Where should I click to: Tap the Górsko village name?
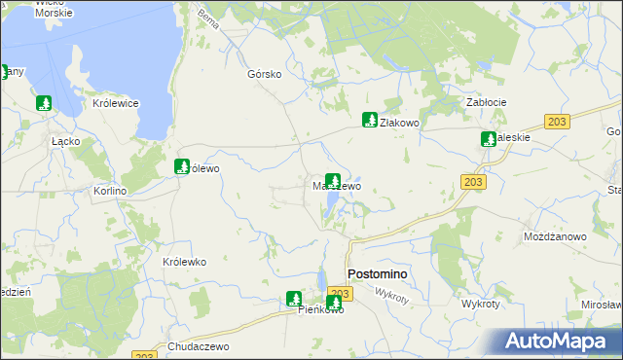coord(265,74)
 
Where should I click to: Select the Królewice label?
coord(116,103)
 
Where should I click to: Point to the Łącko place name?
coord(65,140)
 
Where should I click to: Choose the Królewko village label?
coord(184,262)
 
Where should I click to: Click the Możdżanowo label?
coord(555,236)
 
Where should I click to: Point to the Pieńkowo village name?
coord(321,310)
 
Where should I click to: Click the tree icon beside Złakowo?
coord(369,120)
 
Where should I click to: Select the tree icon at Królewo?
coord(181,166)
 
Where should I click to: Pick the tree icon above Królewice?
coord(43,102)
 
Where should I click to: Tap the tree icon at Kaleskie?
coord(488,139)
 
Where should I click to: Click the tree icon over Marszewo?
coord(333,180)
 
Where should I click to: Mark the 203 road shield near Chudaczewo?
coord(142,356)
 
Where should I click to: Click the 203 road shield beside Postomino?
coord(339,293)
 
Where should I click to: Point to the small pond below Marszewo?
coord(334,202)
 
